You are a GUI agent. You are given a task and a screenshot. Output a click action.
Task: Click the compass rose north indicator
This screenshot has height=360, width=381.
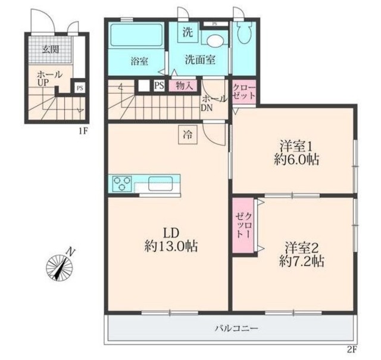60,265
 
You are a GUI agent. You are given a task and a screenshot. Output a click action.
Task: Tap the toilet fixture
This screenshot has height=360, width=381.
243,33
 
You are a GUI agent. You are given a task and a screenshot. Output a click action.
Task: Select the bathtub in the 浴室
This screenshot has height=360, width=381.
136,36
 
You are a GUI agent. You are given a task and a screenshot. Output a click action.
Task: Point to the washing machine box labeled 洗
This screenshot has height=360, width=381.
188,32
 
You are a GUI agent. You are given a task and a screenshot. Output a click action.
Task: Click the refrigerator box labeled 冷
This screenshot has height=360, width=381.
188,135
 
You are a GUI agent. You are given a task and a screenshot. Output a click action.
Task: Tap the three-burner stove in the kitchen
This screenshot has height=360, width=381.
122,183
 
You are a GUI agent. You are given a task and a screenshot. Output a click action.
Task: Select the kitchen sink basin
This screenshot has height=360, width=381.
160,184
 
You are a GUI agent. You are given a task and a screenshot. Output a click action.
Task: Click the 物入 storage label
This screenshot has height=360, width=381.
185,86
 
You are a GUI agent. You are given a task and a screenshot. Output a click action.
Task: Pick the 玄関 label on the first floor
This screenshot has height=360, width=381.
51,49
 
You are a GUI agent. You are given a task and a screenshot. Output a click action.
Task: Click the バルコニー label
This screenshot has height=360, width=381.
236,328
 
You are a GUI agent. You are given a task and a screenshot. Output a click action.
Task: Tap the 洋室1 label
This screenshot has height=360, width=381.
296,147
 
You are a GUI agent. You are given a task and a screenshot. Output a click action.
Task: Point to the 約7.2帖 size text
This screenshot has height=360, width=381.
301,262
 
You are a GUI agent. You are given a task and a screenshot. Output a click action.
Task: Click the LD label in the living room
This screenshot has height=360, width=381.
171,233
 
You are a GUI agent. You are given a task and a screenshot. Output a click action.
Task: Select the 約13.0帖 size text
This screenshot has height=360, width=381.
171,246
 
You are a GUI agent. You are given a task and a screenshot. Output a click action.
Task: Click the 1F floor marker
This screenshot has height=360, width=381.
83,132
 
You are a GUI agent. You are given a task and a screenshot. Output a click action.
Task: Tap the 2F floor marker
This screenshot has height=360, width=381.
352,350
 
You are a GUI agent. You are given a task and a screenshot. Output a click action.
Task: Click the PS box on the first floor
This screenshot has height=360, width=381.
80,88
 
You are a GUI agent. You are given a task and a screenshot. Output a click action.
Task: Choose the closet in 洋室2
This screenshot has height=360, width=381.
243,226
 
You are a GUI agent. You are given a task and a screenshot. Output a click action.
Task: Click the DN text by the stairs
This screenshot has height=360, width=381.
207,108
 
